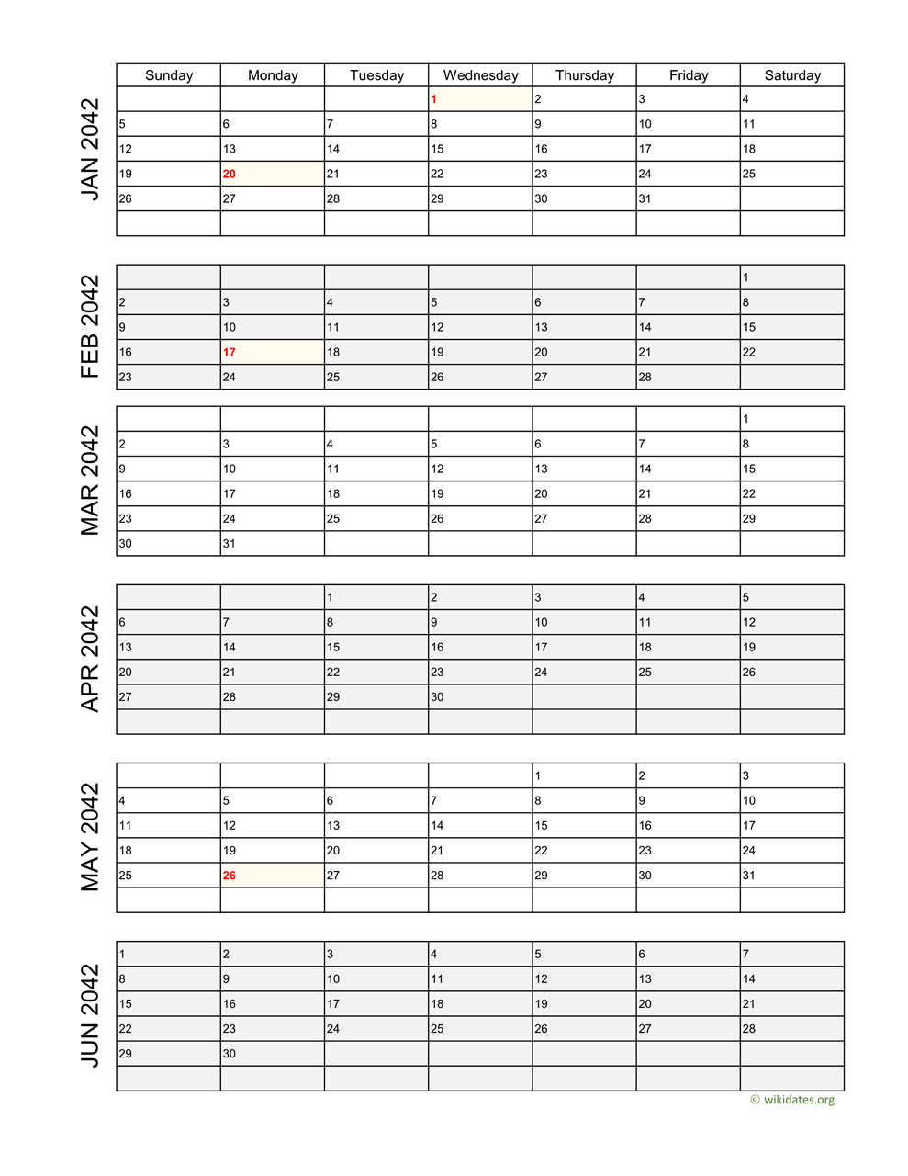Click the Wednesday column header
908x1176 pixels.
point(480,75)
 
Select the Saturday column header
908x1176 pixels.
point(792,75)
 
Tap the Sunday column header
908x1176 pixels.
point(169,75)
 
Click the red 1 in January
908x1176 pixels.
point(434,99)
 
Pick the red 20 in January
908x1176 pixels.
point(230,174)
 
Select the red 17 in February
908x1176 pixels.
point(230,352)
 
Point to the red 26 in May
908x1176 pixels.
point(230,876)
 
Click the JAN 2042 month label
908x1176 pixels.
point(90,149)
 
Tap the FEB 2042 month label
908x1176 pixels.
point(90,327)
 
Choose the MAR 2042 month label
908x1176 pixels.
point(90,481)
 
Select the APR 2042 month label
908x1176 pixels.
point(90,659)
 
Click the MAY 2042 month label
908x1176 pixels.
point(90,837)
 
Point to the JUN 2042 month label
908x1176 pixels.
point(90,1015)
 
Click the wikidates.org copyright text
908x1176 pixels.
point(792,1100)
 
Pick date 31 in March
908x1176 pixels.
point(230,544)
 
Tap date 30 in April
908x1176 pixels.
point(437,697)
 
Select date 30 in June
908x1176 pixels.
point(230,1054)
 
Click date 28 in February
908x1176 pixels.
point(645,377)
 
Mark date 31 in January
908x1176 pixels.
point(645,198)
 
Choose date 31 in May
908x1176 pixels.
point(749,876)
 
